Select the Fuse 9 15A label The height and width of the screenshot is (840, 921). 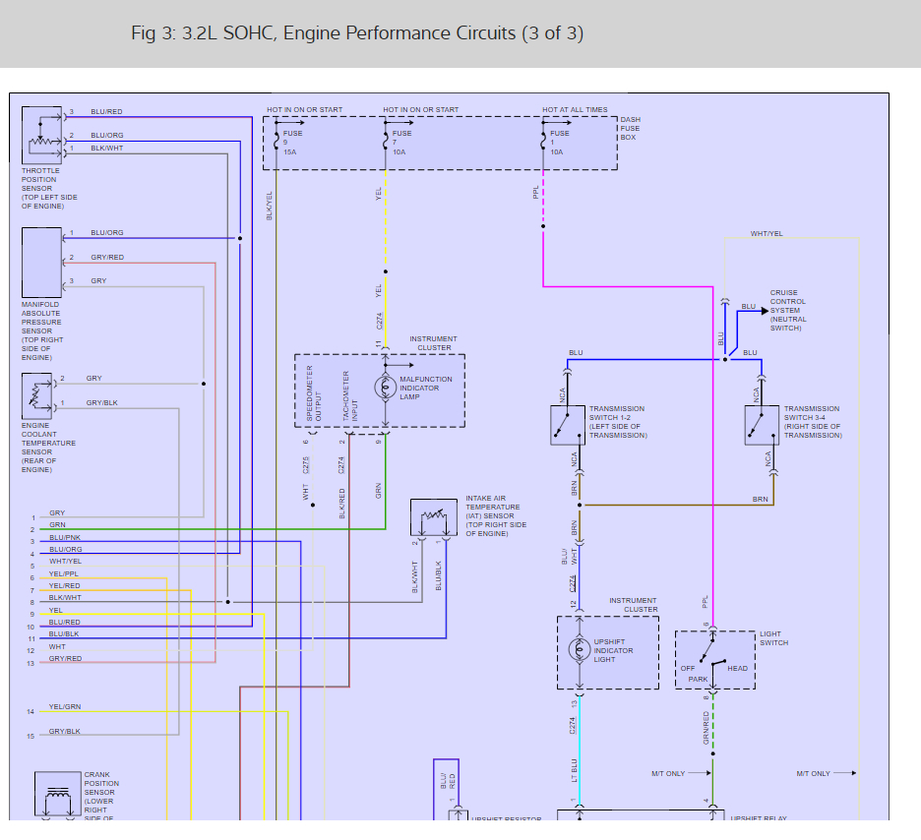(x=292, y=143)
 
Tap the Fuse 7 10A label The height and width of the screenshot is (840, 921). (x=401, y=143)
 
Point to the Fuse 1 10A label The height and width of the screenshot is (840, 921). (x=559, y=143)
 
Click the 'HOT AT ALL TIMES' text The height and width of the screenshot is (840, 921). (x=575, y=110)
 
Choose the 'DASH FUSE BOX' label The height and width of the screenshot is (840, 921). (x=630, y=128)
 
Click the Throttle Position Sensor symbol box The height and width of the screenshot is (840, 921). (x=42, y=136)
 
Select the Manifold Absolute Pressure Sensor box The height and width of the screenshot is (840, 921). (x=42, y=262)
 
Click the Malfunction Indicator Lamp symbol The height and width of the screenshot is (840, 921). (x=385, y=388)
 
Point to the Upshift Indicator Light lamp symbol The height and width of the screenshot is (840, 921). (x=580, y=650)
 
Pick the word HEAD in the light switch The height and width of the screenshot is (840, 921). (x=737, y=669)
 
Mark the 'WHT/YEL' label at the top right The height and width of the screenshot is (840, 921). (x=767, y=233)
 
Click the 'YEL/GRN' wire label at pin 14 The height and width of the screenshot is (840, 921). (x=65, y=707)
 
